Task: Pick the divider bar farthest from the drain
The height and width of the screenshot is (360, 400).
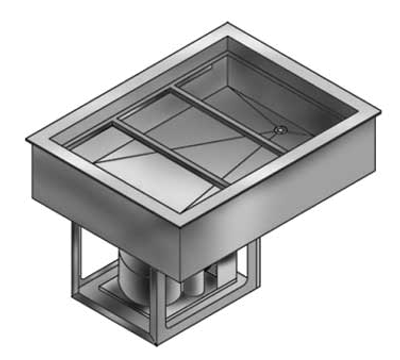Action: tap(166, 151)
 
